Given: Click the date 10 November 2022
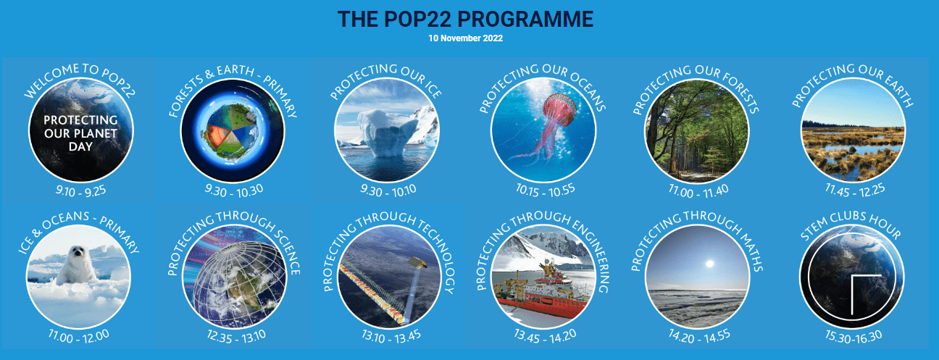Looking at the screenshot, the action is point(465,38).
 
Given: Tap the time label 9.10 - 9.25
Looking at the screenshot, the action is point(81,191).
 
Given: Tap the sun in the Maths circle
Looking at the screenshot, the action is point(709,264).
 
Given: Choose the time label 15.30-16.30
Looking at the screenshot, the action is point(854,337).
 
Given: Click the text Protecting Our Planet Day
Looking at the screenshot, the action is point(80,133).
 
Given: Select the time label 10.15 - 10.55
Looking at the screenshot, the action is point(545,191).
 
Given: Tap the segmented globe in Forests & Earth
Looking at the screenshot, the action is point(232,131).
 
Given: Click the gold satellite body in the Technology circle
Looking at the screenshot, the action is point(417,262).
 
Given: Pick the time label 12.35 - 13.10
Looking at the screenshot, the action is point(236,337).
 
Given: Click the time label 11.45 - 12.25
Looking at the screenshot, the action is point(855,191).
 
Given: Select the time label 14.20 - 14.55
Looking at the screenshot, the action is point(699,337).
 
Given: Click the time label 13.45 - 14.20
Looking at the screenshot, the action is point(545,337).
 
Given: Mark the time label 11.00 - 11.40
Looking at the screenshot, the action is point(698,191).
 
